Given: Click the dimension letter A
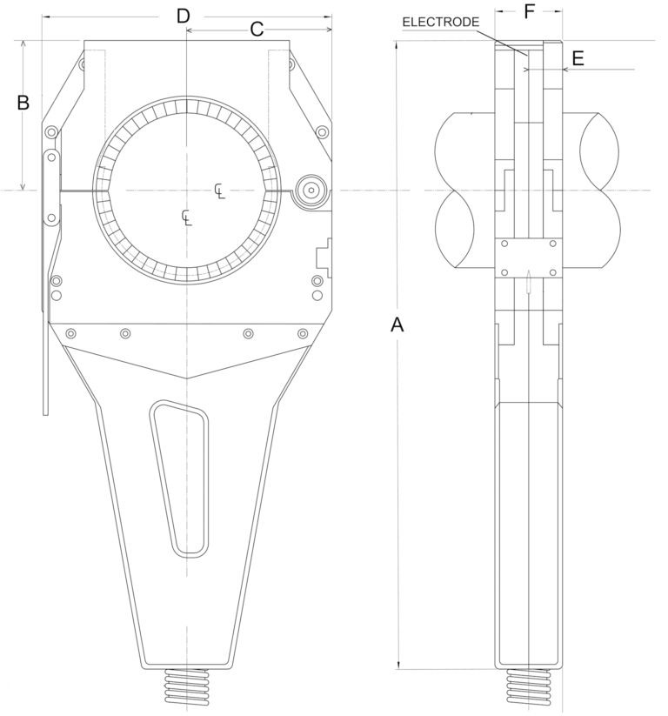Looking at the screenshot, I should (x=397, y=325).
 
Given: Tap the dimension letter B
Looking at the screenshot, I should (x=23, y=103).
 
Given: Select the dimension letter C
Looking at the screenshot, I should (x=257, y=29).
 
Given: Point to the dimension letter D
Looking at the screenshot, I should (x=183, y=15).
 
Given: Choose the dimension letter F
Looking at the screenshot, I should (x=530, y=13).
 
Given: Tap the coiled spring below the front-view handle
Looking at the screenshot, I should (x=187, y=686).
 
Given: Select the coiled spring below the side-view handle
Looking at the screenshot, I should (x=528, y=687).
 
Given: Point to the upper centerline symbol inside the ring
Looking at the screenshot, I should (x=220, y=190).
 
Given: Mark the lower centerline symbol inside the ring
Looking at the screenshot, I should (x=186, y=216).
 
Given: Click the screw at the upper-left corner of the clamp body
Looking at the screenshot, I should (x=52, y=132).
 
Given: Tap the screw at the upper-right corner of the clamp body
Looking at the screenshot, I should (x=323, y=132).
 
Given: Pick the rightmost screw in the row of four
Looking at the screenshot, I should (x=303, y=334).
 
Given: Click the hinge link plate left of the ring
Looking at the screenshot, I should (x=51, y=187).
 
